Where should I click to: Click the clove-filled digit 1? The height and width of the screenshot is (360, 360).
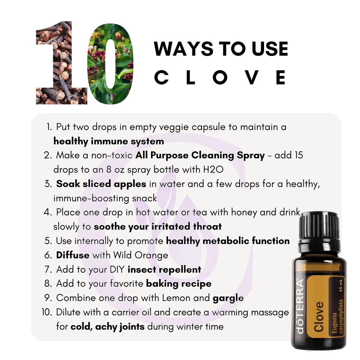[62, 64]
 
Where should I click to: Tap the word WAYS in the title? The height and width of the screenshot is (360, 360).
[184, 49]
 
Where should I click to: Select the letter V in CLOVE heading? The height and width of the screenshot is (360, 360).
[252, 77]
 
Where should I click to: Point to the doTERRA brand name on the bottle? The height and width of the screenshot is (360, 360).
[300, 306]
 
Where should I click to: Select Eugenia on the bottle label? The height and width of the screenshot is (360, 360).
[334, 322]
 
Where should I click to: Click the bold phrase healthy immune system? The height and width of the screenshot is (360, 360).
[109, 141]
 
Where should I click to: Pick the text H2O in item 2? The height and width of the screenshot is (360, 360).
[213, 169]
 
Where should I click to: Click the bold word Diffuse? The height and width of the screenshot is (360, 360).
[73, 255]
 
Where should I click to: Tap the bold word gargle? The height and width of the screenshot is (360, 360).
[228, 298]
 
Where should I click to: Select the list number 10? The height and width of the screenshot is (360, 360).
[47, 312]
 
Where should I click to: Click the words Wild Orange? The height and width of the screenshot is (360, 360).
[141, 255]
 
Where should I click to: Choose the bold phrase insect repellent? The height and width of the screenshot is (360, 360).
[164, 270]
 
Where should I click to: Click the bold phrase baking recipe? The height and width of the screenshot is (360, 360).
[179, 284]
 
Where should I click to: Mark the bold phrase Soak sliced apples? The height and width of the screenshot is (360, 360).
[101, 184]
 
